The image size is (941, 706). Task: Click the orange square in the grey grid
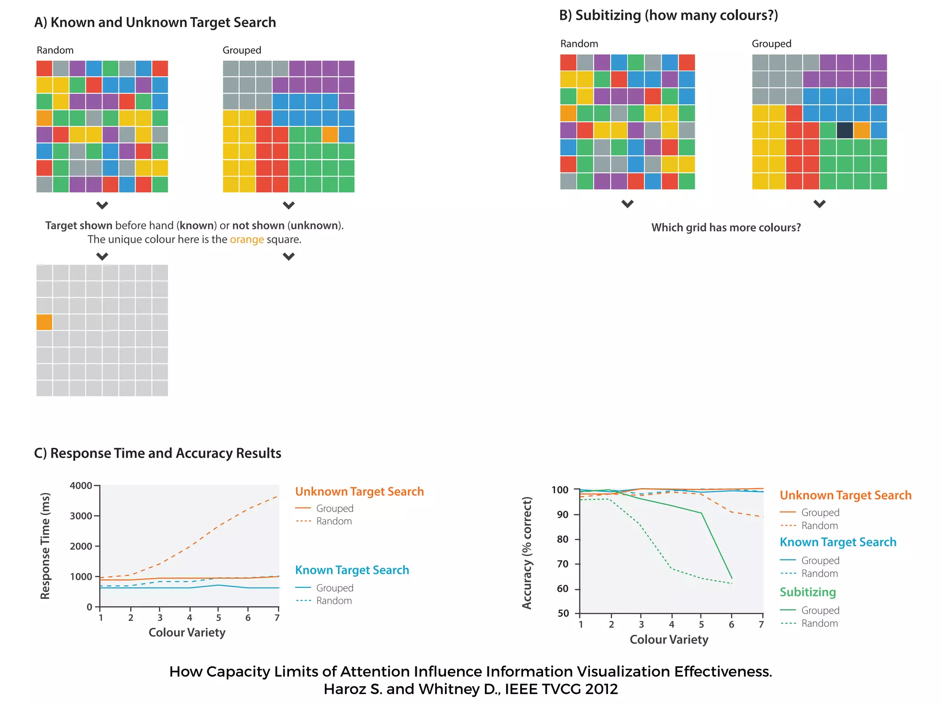44,322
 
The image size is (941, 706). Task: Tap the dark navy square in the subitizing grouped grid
845,130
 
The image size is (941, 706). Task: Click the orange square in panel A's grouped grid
330,135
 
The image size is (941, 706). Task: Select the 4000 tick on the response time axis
81,486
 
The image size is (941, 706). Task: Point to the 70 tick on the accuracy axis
563,564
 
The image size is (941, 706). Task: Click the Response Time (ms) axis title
45,546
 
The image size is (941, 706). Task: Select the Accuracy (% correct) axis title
527,553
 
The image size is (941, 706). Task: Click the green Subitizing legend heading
807,592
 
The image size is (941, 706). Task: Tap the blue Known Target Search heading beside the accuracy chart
838,542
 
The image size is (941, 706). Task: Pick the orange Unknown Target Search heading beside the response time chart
359,492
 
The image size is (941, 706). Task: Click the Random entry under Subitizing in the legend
819,624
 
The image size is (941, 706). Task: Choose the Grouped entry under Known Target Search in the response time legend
334,588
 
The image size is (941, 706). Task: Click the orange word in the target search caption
247,239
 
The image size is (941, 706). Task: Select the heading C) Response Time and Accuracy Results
158,453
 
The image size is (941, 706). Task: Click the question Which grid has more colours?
726,228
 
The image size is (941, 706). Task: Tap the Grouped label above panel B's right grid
771,44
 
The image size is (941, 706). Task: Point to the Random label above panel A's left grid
55,50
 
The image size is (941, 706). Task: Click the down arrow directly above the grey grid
102,256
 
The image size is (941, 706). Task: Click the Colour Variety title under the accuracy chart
669,640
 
